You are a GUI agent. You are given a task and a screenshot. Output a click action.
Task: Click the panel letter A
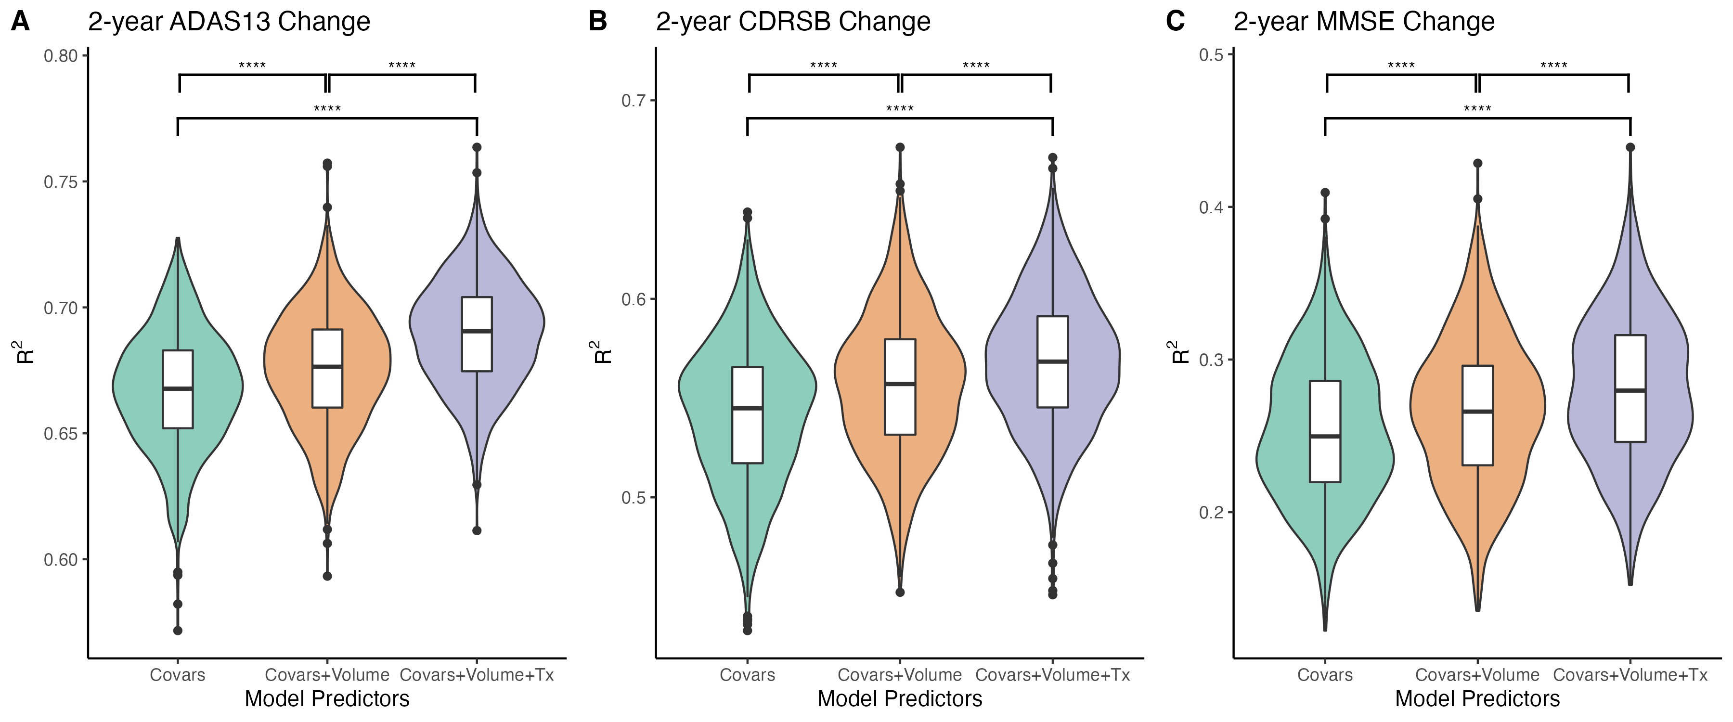(20, 22)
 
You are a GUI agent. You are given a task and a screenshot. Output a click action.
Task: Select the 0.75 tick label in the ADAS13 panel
(61, 181)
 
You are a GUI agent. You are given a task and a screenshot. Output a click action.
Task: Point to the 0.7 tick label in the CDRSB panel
(634, 101)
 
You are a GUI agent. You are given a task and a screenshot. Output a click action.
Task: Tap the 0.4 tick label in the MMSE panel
(1211, 207)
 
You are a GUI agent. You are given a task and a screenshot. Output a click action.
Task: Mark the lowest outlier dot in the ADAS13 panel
(178, 631)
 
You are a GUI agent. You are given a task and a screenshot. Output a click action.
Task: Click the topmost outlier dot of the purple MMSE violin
(1630, 147)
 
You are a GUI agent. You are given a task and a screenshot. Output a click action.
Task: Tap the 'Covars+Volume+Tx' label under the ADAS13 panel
(476, 675)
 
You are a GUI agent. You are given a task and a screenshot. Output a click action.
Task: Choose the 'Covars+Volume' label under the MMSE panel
(1477, 675)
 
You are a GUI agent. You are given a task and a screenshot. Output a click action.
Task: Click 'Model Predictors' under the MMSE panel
(1477, 699)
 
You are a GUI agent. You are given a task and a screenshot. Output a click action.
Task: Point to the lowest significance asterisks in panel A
(327, 109)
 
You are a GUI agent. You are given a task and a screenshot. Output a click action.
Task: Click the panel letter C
(1175, 22)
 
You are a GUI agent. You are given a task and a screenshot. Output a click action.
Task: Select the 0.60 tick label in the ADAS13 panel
(61, 560)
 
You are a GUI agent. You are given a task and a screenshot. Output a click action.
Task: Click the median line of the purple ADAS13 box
(476, 331)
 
